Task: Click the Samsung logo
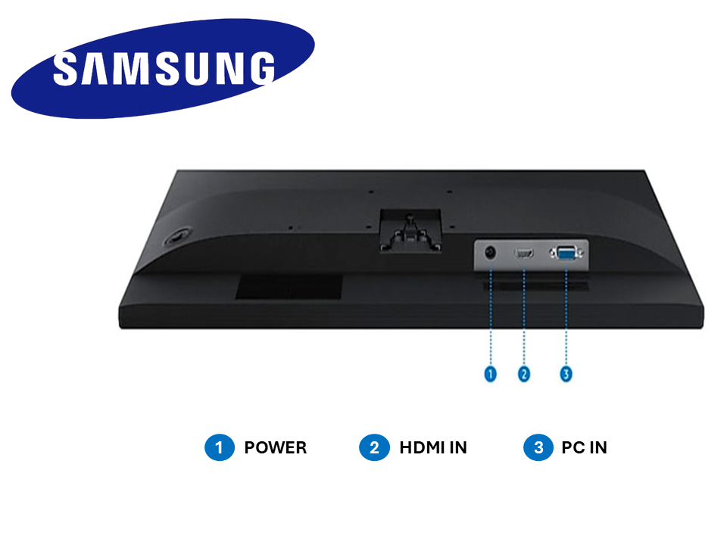(x=163, y=67)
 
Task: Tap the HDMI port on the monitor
(x=525, y=253)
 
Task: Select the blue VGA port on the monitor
(x=566, y=254)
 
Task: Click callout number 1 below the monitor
(x=491, y=374)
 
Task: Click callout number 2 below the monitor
(x=524, y=374)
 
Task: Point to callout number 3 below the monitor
(x=566, y=374)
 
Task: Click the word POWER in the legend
(x=275, y=447)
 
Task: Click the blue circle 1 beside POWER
(x=220, y=447)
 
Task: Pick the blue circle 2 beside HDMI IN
(x=374, y=447)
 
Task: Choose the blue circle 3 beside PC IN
(x=538, y=447)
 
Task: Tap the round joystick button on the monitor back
(x=176, y=237)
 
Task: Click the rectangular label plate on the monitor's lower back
(x=288, y=285)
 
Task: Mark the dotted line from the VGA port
(x=566, y=318)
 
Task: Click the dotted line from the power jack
(x=491, y=318)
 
